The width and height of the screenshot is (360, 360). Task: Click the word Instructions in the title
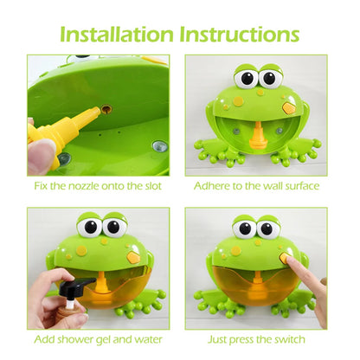(240, 34)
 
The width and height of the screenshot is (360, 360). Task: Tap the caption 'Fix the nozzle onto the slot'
(99, 185)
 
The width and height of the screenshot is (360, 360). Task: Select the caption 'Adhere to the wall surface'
(256, 185)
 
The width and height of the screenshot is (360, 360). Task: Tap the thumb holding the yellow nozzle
(42, 155)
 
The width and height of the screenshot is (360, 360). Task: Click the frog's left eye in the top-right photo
(245, 79)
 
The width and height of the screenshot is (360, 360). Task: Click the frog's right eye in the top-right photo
(268, 79)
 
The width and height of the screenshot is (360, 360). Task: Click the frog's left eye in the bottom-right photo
(245, 229)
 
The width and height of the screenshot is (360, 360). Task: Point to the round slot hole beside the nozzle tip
(106, 110)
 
